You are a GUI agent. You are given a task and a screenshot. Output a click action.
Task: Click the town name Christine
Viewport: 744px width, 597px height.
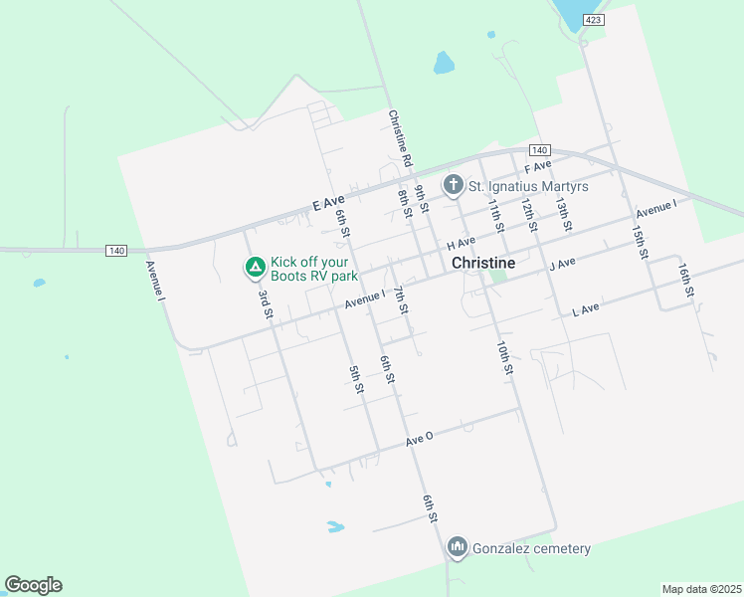tap(483, 263)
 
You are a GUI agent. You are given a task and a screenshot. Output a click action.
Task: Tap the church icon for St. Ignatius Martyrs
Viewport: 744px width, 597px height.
tap(454, 185)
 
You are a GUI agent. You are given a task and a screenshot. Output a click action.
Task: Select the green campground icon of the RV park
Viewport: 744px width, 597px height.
tap(255, 267)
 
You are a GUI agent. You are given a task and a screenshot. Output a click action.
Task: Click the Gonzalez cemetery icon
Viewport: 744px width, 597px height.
tap(458, 546)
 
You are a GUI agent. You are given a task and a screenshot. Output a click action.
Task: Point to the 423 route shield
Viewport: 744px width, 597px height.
tap(593, 20)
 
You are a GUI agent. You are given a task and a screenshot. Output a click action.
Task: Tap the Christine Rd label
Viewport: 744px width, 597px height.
tap(400, 137)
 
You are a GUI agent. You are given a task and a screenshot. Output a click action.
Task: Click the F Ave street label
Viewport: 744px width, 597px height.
tap(537, 165)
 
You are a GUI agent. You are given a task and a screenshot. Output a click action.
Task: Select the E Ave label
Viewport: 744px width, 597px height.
tap(327, 203)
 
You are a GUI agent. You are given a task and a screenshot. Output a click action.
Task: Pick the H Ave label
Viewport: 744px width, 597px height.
tap(461, 243)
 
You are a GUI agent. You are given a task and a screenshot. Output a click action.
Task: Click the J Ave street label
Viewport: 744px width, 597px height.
tap(562, 265)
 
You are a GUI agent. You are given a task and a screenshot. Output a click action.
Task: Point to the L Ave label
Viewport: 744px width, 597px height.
tap(586, 310)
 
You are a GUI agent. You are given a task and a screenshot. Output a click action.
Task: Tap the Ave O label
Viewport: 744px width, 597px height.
tap(419, 440)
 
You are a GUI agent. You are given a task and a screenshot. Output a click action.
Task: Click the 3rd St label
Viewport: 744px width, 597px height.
tap(266, 302)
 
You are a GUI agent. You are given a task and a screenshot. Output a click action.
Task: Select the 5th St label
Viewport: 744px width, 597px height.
tap(355, 379)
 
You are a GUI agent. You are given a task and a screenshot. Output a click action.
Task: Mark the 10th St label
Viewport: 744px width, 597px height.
tap(504, 357)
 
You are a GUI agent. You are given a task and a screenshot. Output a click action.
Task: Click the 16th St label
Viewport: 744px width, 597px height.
tap(684, 281)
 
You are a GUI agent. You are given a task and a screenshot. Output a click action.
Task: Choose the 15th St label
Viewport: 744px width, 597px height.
tap(639, 241)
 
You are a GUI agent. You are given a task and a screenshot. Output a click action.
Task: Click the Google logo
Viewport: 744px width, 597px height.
tap(33, 585)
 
